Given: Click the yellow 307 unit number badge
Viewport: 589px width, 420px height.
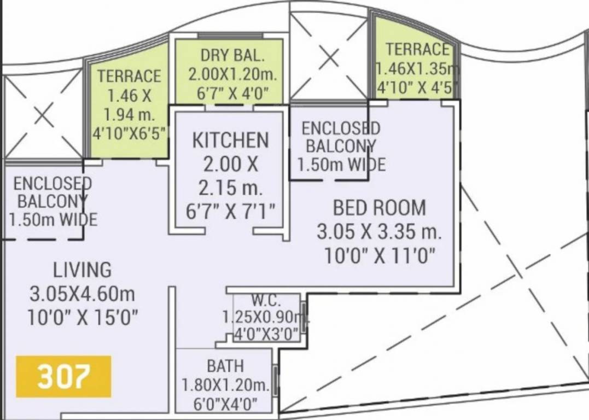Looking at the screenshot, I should (63, 376).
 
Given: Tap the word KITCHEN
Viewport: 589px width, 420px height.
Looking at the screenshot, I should (230, 141).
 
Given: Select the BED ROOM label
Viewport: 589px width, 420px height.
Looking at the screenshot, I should (379, 208).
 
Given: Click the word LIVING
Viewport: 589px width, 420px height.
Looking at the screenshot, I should (82, 270).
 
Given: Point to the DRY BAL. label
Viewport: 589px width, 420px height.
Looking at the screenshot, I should (232, 55).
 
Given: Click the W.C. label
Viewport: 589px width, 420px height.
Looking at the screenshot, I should (266, 301).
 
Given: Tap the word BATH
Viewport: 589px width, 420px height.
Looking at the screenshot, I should (225, 365).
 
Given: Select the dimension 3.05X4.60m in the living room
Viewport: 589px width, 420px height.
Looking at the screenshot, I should (82, 294).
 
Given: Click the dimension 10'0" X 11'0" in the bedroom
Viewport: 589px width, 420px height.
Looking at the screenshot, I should (380, 256).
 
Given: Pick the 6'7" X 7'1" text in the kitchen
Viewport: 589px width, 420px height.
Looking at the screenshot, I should (230, 211).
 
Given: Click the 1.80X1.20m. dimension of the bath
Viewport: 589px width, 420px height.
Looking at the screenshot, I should (225, 386).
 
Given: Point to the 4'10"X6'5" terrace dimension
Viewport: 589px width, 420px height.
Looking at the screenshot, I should (129, 134).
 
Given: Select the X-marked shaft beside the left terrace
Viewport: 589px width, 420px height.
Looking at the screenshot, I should (43, 116).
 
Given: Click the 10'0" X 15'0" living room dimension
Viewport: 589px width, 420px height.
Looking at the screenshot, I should (82, 317).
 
